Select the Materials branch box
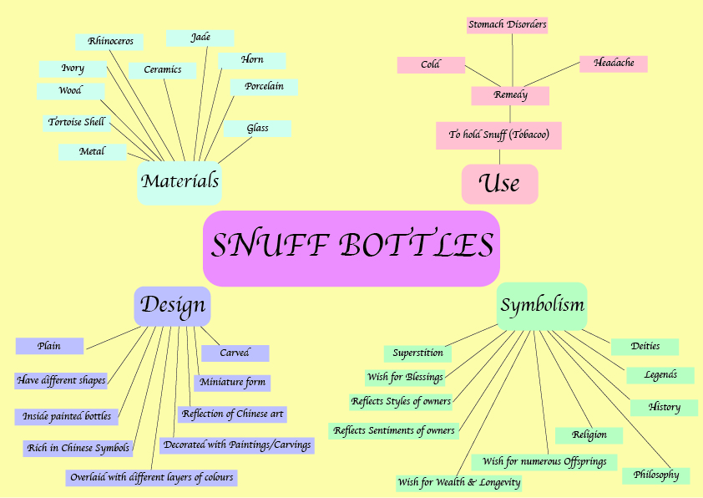pos(180,181)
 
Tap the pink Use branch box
pos(499,184)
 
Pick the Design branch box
pos(173,306)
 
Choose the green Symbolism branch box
pos(542,306)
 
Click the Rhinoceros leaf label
pos(110,41)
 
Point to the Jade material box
pos(200,38)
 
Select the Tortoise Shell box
pos(77,122)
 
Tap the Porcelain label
pos(264,86)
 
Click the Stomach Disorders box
pos(507,25)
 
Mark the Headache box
pos(614,64)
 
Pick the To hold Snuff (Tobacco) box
pos(498,135)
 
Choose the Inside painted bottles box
pos(67,416)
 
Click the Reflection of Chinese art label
pos(233,414)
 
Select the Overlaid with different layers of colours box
pos(152,478)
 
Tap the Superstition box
pos(417,353)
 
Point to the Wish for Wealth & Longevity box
pos(459,482)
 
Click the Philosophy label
pos(655,475)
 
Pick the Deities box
pos(645,347)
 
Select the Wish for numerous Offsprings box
pos(544,461)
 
